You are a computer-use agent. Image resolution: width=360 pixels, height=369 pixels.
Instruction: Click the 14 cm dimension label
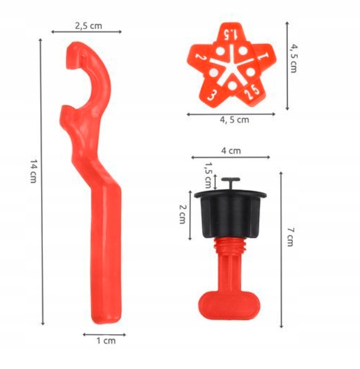34,171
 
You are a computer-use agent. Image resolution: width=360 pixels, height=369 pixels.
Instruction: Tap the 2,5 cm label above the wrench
89,26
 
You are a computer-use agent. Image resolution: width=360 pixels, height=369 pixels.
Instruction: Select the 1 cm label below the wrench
106,340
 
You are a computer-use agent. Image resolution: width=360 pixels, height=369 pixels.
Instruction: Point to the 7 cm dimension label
291,237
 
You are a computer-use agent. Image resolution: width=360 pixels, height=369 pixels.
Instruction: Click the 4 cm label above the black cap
231,151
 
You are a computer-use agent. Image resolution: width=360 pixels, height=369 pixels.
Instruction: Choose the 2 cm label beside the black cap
183,214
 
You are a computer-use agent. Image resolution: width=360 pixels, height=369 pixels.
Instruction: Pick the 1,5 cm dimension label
208,175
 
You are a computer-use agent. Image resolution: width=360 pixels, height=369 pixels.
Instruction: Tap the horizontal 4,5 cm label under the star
234,120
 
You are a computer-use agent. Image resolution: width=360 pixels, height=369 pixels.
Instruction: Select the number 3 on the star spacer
211,95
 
